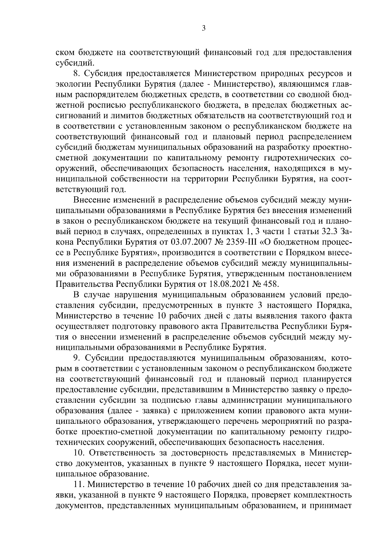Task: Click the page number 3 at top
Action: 203,28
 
